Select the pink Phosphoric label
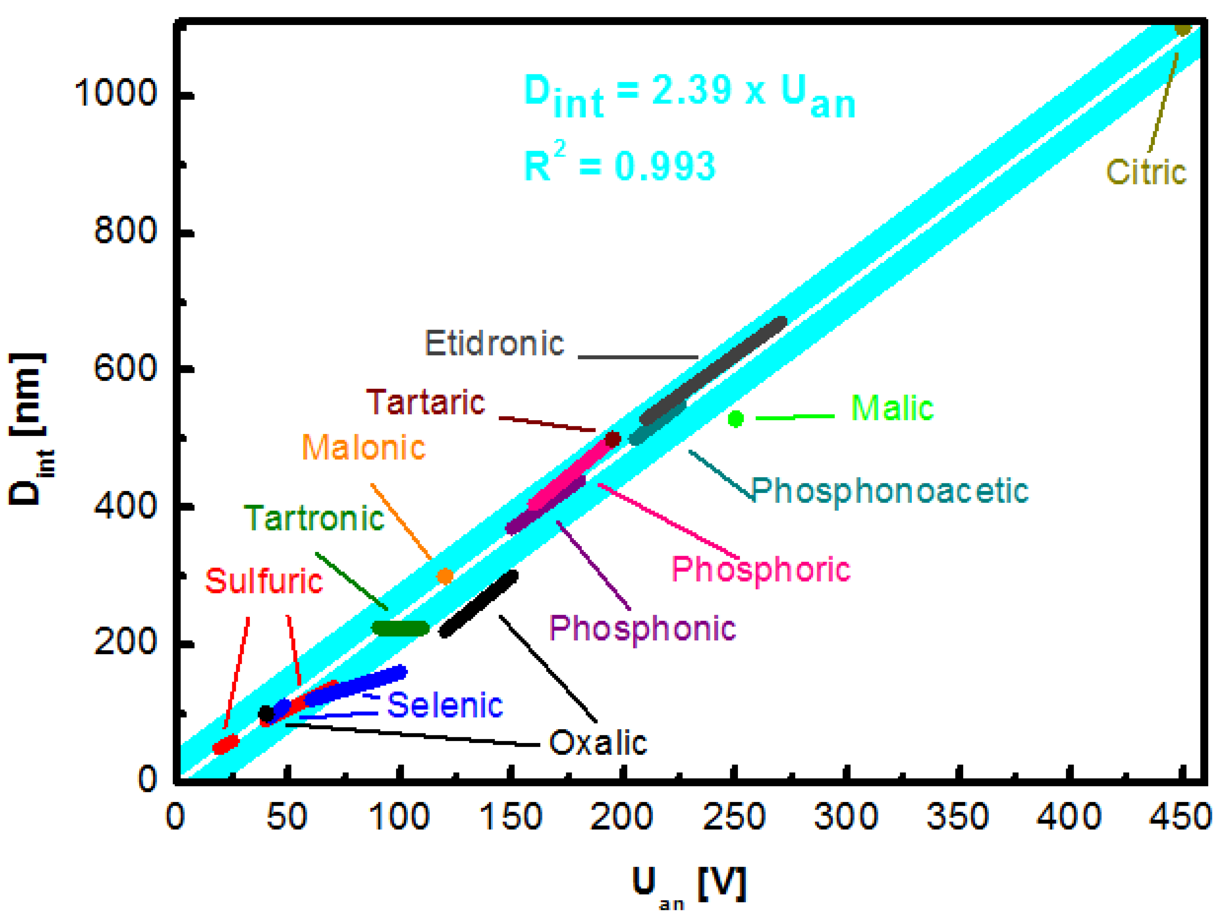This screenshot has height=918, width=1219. (x=760, y=570)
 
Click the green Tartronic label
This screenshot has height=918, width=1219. (x=314, y=519)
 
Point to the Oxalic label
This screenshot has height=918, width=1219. (x=598, y=743)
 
